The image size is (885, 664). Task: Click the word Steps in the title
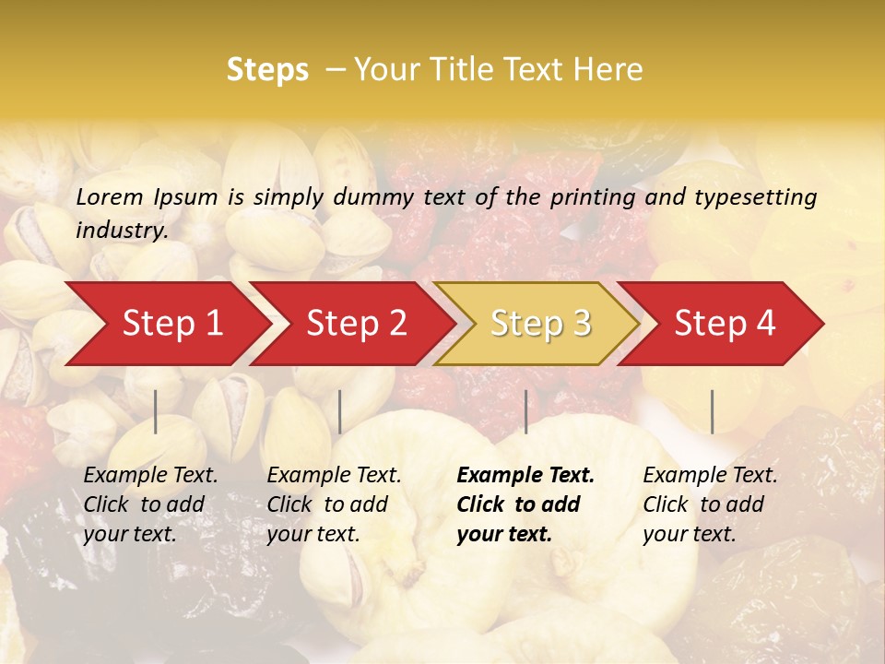tap(267, 70)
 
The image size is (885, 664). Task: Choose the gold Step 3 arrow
tap(540, 323)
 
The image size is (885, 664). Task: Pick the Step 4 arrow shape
tap(725, 323)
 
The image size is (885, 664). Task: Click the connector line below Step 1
tap(156, 411)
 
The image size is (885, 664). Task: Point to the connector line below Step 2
tap(340, 411)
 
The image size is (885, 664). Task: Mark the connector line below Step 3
tap(525, 411)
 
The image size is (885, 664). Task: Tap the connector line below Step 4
tap(712, 411)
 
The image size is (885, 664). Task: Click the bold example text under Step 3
tap(525, 504)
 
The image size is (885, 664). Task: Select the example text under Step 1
tap(150, 504)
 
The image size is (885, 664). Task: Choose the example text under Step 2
tap(334, 504)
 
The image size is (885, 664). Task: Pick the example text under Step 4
tap(710, 504)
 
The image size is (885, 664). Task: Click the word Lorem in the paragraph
tap(109, 197)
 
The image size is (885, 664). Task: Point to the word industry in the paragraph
tap(122, 231)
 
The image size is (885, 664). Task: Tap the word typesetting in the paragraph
tap(755, 197)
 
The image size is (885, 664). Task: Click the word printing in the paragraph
tap(588, 197)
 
